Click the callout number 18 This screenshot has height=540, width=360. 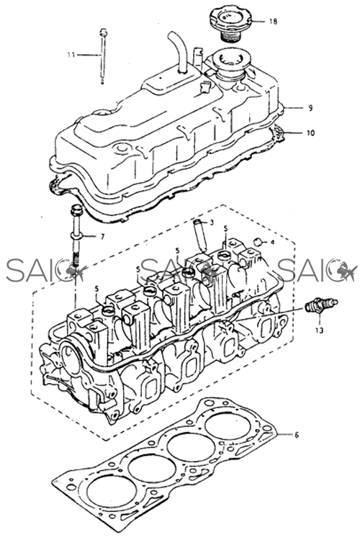(x=273, y=22)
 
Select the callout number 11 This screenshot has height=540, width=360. (x=71, y=55)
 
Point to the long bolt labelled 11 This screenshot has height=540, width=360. (x=102, y=56)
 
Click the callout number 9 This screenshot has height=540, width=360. (x=310, y=108)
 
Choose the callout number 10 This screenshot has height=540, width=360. (x=311, y=132)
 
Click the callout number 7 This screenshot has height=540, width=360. (x=102, y=237)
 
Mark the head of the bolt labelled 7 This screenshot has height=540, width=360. (x=76, y=210)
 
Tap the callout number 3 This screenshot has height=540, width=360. (x=212, y=222)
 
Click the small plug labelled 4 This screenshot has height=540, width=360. (x=258, y=242)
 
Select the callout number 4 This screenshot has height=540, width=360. (x=272, y=243)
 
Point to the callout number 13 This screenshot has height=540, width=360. (x=319, y=330)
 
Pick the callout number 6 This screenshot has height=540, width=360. (x=297, y=435)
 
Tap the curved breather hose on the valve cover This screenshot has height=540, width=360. (x=178, y=51)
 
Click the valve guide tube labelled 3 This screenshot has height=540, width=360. (x=200, y=234)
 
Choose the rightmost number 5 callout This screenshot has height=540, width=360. (x=225, y=229)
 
